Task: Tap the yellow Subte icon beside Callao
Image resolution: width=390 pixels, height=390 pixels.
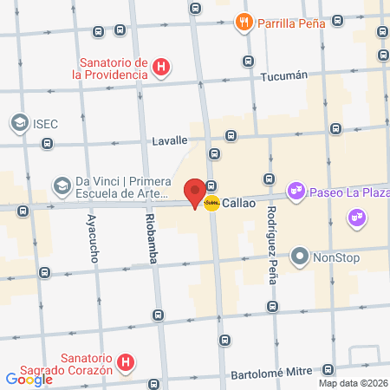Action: point(211,203)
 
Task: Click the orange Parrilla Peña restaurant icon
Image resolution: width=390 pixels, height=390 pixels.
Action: point(245,23)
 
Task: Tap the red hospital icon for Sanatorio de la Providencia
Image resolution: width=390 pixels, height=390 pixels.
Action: point(160,67)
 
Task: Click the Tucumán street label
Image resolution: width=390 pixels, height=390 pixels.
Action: point(284,75)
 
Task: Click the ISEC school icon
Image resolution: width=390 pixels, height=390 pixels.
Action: point(18,123)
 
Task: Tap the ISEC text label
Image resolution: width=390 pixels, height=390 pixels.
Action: point(46,123)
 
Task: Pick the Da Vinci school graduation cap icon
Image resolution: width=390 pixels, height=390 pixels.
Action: point(62,185)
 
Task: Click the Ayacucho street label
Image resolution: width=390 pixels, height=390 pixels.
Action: point(92,239)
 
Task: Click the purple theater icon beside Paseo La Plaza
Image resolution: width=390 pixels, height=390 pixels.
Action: point(296,188)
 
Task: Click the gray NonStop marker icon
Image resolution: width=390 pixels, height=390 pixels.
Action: point(300,257)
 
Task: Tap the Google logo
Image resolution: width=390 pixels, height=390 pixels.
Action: point(29,379)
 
